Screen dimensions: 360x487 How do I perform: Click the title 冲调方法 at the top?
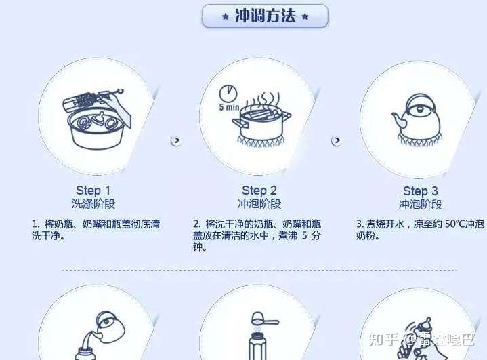pos(265,16)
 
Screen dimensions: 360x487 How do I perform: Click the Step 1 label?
pos(93,191)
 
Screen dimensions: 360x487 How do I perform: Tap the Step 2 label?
pos(259,191)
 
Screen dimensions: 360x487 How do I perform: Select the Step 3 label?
pos(420,191)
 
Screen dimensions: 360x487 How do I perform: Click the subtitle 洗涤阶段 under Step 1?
pos(93,203)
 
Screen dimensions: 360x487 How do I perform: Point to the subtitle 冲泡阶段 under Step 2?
pos(259,203)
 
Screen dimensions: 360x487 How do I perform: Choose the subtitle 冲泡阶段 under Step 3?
pos(420,204)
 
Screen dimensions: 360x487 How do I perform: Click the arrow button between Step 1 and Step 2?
pos(176,140)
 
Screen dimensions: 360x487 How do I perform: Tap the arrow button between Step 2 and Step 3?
pos(337,140)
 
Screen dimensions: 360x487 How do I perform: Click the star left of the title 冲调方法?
pos(225,16)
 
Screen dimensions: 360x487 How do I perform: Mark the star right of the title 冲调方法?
pos(305,16)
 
